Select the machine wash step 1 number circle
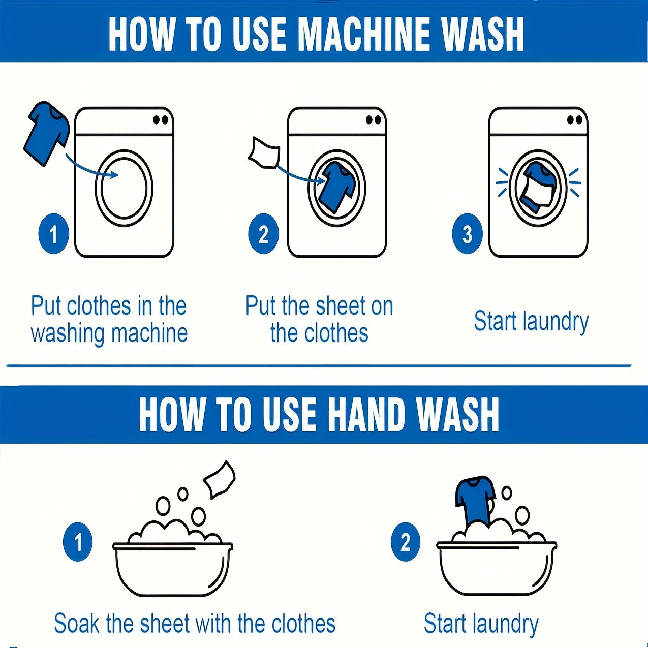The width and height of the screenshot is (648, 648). point(54,234)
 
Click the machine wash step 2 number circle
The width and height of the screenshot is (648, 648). point(263,234)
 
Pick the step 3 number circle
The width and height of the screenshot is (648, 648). point(468,234)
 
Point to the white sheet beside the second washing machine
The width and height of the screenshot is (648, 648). point(264,152)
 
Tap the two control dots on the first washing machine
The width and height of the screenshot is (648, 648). point(161,120)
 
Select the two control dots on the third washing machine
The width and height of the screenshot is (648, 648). point(574,120)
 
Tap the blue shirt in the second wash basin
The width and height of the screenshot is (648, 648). point(475,502)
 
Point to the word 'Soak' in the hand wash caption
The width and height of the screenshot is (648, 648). point(77,623)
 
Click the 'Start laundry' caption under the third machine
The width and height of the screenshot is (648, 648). point(531,322)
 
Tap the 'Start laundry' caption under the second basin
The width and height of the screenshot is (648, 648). point(481,624)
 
